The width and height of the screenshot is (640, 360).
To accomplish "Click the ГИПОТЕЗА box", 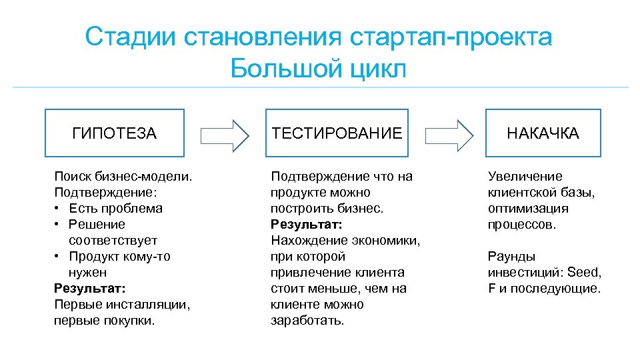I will [x=114, y=133].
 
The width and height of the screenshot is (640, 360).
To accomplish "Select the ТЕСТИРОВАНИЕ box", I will [x=336, y=133].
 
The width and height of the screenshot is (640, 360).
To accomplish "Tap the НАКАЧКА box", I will [x=543, y=133].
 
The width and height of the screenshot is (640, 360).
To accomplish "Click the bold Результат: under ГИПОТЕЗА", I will [x=89, y=289].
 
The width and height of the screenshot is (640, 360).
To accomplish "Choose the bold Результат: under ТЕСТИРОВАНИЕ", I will [x=306, y=225].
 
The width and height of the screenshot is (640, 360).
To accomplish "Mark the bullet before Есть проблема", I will [x=57, y=209].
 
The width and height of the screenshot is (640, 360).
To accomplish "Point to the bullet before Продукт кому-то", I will [x=57, y=257].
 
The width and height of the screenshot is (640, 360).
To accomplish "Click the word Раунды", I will [x=511, y=257].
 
